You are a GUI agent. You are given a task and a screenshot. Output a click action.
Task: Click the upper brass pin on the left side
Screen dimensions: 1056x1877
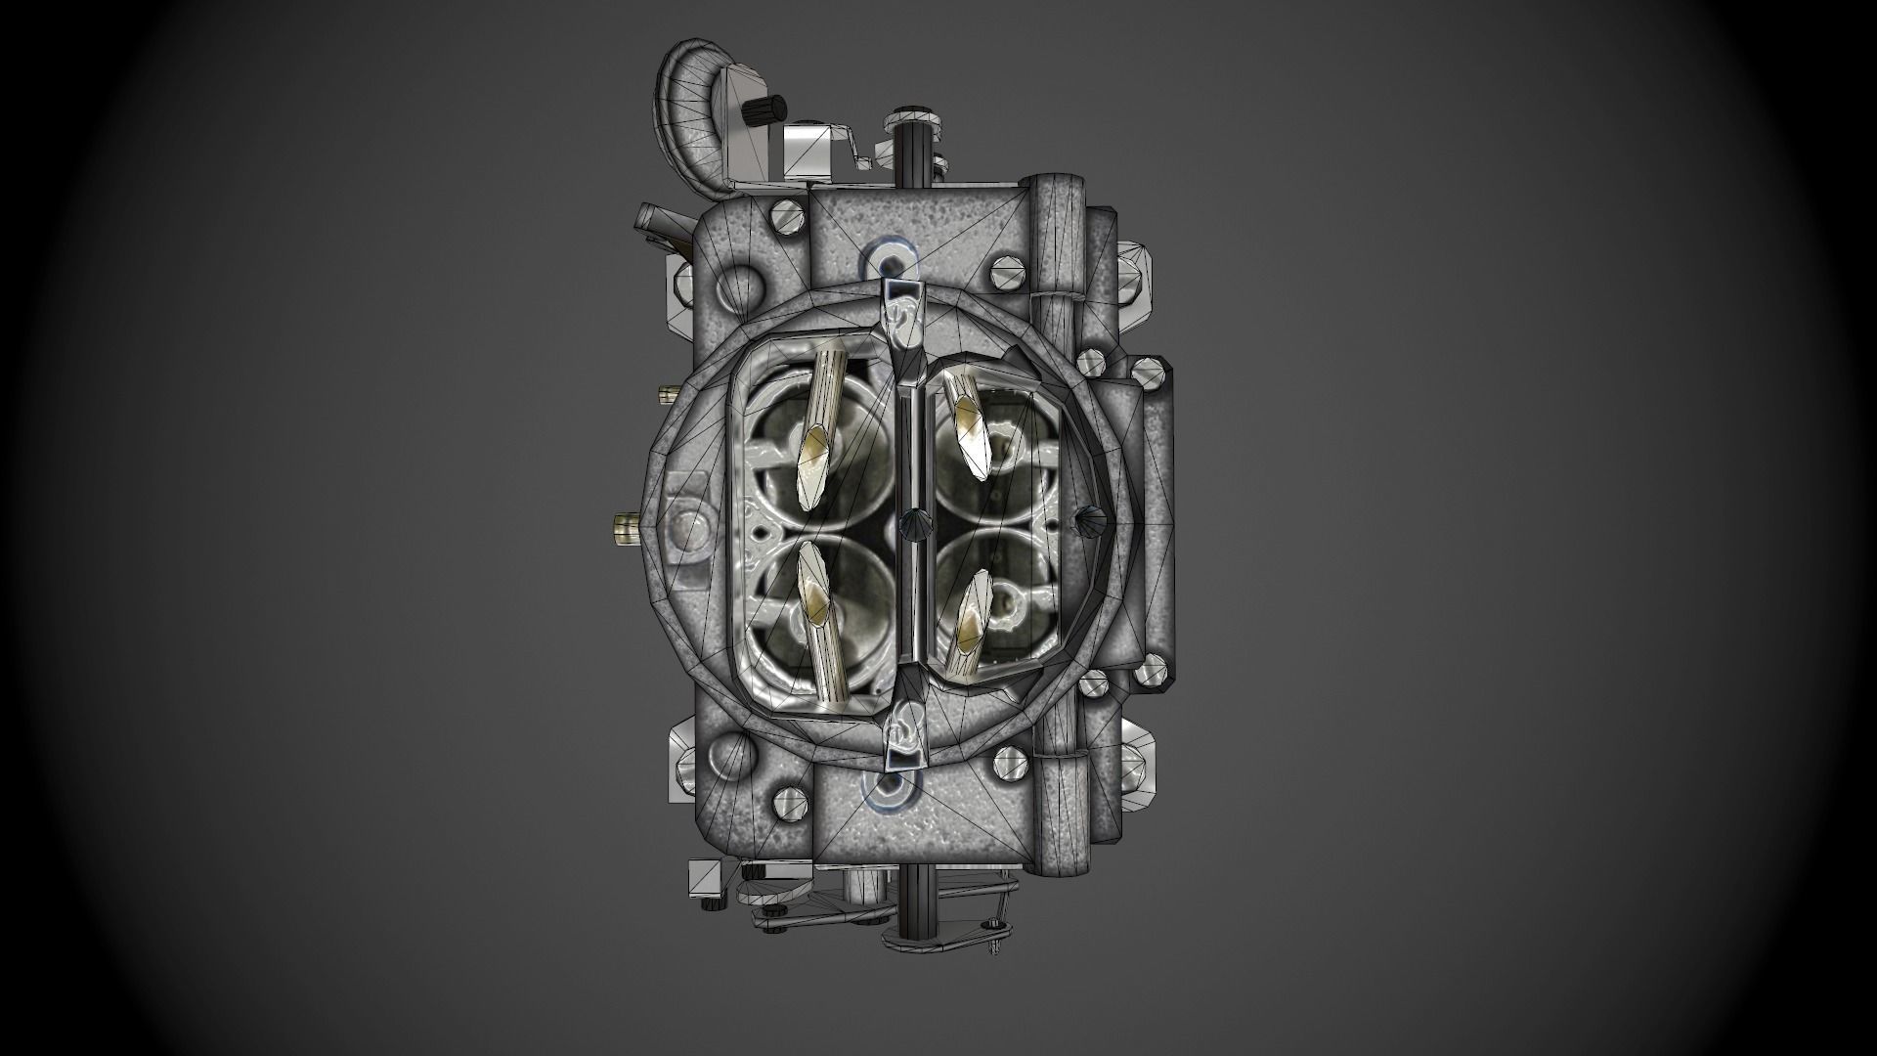(670, 393)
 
